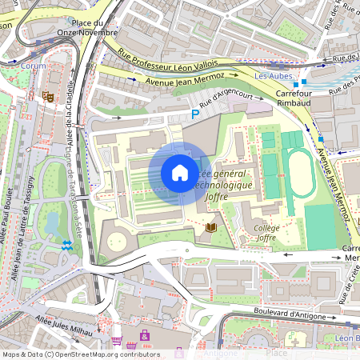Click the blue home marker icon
pyautogui.click(x=179, y=173)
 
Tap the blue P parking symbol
pyautogui.click(x=194, y=115)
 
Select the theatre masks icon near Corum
pyautogui.click(x=48, y=95)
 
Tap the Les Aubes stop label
pyautogui.click(x=271, y=76)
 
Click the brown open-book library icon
pyautogui.click(x=211, y=228)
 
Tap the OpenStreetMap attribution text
pyautogui.click(x=80, y=354)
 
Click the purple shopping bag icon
pyautogui.click(x=145, y=334)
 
